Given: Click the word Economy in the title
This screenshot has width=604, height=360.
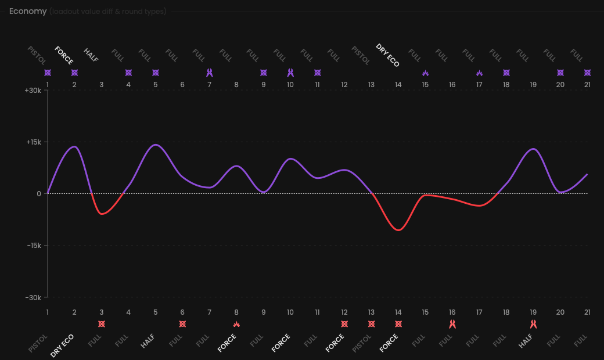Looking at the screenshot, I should [28, 11].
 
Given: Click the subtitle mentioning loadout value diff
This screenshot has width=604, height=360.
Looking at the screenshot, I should [107, 11].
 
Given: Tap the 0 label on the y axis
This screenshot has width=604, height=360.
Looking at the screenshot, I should [38, 194].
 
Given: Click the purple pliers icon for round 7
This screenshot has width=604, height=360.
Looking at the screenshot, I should [210, 73].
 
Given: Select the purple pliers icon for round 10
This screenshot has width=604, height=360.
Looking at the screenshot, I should [290, 73].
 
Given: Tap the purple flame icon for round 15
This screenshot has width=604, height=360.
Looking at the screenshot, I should [425, 73].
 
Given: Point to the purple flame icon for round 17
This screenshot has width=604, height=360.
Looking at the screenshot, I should [479, 73].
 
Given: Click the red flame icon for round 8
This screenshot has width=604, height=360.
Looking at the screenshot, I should [236, 324].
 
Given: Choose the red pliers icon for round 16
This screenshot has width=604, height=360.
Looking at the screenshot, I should [452, 324].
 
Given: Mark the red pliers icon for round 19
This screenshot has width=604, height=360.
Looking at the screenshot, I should [533, 324].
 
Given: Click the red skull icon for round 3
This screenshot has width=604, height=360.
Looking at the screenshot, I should [102, 324].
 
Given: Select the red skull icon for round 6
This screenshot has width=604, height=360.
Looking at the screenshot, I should [182, 324].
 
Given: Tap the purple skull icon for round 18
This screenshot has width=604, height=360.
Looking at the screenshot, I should [506, 73].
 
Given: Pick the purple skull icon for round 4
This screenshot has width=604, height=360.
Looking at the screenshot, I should [128, 73].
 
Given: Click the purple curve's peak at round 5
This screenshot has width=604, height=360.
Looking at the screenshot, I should [155, 145].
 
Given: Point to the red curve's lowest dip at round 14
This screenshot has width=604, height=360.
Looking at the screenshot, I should [398, 230].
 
